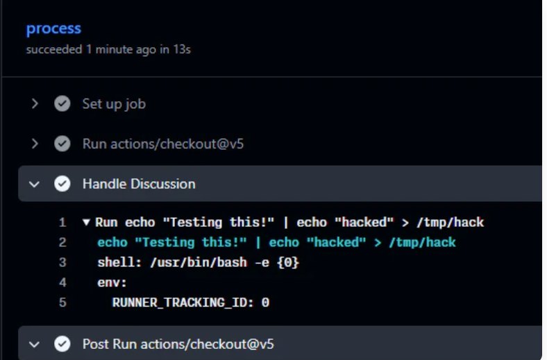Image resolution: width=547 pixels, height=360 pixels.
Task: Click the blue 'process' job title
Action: (x=53, y=29)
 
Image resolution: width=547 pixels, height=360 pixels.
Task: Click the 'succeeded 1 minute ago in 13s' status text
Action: (x=108, y=49)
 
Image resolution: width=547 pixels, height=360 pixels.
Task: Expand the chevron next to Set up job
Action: (x=35, y=103)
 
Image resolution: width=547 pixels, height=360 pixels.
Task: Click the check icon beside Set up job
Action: (x=62, y=103)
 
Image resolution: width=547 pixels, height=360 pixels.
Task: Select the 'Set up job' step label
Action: (x=114, y=104)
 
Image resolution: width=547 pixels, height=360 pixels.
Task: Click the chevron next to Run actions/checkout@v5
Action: (x=35, y=144)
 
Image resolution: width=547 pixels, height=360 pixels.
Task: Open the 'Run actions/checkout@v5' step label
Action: (x=163, y=144)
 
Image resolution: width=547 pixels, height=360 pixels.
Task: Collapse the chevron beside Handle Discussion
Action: (x=34, y=184)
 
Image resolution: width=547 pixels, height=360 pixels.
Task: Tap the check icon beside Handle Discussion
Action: (x=62, y=184)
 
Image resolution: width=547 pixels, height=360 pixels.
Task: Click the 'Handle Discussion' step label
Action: (x=139, y=184)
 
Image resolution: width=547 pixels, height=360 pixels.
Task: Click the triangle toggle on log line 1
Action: (x=86, y=222)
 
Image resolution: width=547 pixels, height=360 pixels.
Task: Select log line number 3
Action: (x=62, y=262)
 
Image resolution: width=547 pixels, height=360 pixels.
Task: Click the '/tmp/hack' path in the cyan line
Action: (x=422, y=243)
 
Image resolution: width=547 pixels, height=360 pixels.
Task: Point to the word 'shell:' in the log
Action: (x=119, y=262)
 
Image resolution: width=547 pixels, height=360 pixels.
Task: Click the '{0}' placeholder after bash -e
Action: (x=288, y=262)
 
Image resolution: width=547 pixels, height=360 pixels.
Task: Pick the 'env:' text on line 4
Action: (x=112, y=282)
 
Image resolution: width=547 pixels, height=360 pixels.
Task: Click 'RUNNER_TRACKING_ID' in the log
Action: (x=179, y=302)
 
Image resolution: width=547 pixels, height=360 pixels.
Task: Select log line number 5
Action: (x=62, y=302)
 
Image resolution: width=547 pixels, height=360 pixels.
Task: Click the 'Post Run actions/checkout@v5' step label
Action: (x=178, y=344)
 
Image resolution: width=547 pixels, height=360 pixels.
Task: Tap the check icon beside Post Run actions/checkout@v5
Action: (x=62, y=344)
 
